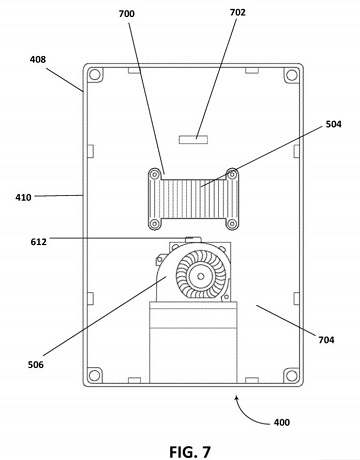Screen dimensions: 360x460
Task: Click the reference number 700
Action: (127, 14)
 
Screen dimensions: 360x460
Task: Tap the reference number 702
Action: (238, 12)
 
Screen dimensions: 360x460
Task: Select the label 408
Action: (38, 59)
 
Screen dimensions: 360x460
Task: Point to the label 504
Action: (333, 124)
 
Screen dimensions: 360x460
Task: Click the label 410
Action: (23, 197)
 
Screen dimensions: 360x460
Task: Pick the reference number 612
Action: (39, 241)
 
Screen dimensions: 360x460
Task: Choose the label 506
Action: (36, 364)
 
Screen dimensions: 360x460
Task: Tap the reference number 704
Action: (326, 340)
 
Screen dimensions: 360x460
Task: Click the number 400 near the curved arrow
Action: (282, 422)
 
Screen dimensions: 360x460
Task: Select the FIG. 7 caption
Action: (190, 452)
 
